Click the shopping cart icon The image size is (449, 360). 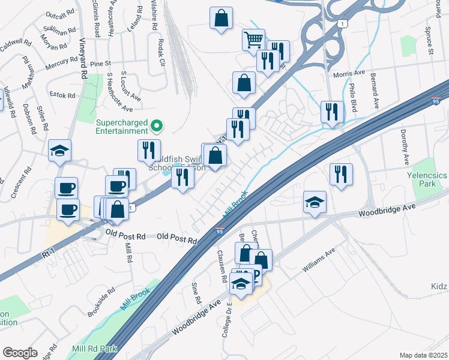pos(254,40)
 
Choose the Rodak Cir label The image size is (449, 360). pos(160,53)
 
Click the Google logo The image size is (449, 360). pos(20,352)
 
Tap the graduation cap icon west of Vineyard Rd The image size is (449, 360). pos(59,150)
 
